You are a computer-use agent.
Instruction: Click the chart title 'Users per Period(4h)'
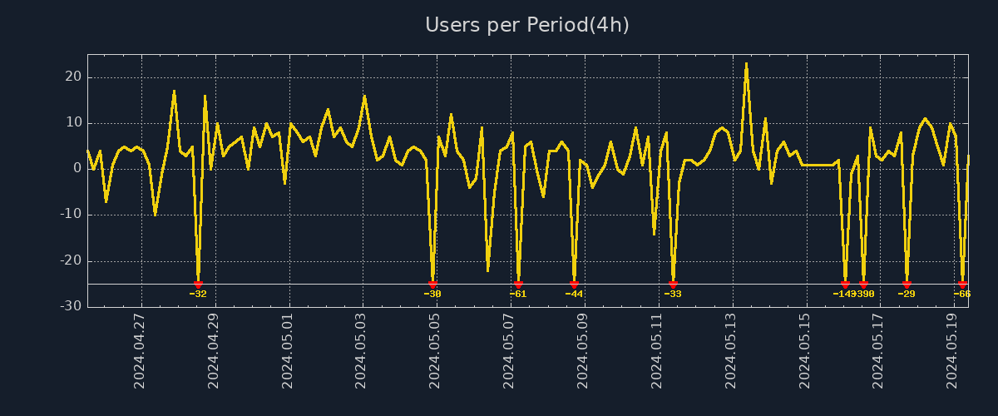coord(527,25)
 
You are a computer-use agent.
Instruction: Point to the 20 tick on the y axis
coord(73,77)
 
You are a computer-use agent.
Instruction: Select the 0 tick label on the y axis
coord(77,168)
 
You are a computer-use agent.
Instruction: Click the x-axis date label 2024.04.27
coord(140,351)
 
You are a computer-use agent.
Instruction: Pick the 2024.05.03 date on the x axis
coord(362,351)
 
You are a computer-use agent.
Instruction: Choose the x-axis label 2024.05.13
coord(731,351)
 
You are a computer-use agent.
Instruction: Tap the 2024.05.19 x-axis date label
coord(953,351)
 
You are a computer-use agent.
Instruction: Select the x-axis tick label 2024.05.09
coord(583,351)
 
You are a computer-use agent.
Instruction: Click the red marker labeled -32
coord(198,285)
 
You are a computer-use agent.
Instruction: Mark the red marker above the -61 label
coord(518,285)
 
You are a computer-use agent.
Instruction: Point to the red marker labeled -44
coord(574,285)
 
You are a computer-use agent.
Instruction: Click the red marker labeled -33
coord(673,285)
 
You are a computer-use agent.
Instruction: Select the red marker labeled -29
coord(907,285)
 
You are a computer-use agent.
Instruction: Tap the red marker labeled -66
coord(962,285)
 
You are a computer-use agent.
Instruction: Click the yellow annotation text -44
coord(574,294)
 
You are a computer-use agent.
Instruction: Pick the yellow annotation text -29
coord(907,294)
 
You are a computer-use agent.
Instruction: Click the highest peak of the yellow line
coord(746,64)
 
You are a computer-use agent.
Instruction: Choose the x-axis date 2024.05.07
coord(509,351)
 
